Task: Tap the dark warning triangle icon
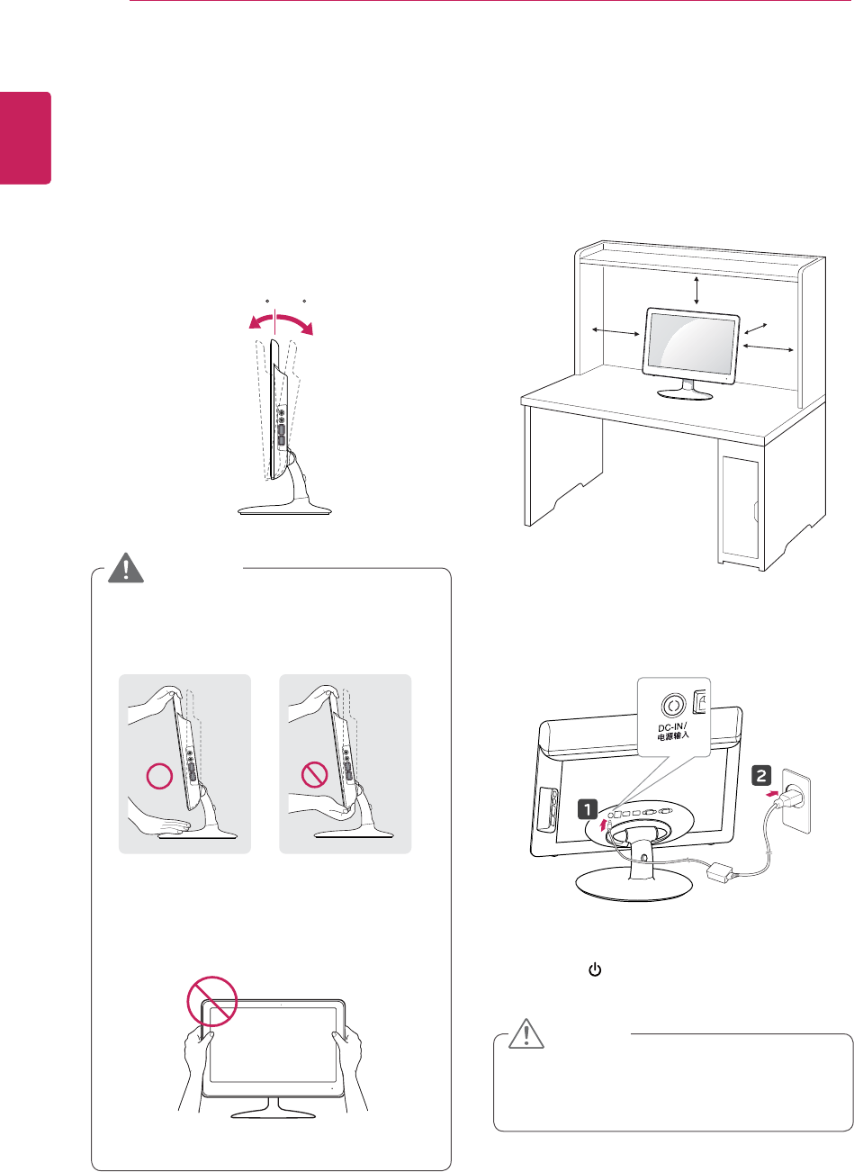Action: coord(128,569)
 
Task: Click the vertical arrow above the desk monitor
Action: coord(697,290)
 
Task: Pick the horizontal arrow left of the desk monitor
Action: coord(615,333)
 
